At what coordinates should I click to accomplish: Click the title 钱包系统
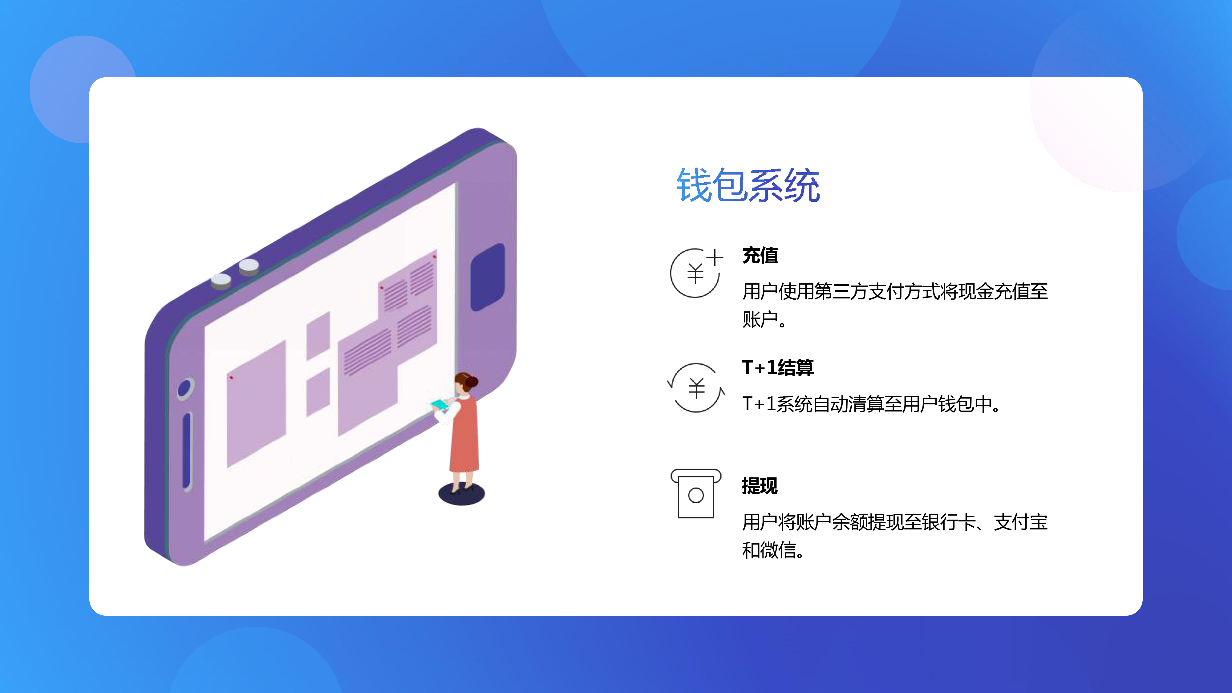[x=748, y=185]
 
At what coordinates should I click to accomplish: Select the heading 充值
[x=760, y=255]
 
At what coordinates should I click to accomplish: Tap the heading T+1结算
[x=778, y=367]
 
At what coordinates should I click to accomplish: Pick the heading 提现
[x=760, y=486]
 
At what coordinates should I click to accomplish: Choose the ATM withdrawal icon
[x=696, y=493]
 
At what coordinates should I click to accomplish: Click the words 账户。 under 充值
[x=764, y=319]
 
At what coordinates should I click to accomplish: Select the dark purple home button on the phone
[x=488, y=278]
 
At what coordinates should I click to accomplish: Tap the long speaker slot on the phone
[x=187, y=452]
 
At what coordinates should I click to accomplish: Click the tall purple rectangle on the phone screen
[x=256, y=404]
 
